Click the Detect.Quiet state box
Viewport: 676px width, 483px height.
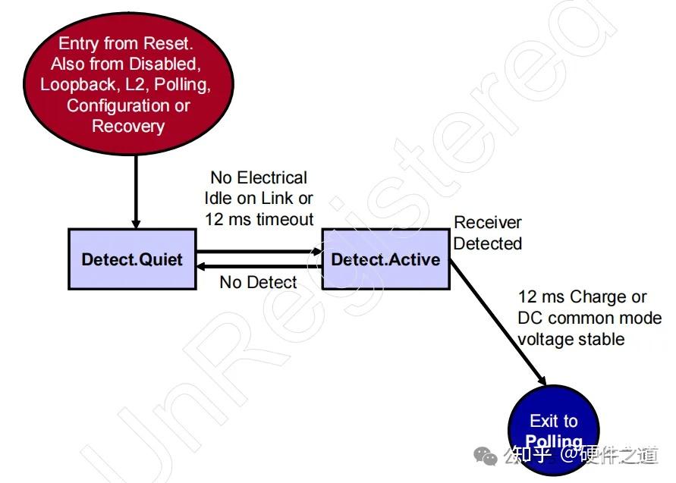tap(132, 259)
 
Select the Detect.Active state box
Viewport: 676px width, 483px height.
tap(386, 259)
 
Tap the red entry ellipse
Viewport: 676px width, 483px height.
tap(128, 83)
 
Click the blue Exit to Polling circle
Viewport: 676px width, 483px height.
tap(554, 431)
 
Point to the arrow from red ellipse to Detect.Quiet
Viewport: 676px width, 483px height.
tap(137, 192)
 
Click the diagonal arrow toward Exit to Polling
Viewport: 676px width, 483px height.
tap(498, 322)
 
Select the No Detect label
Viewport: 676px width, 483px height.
tap(258, 283)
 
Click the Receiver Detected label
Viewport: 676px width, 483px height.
tap(488, 233)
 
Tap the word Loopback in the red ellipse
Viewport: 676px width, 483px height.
tap(77, 85)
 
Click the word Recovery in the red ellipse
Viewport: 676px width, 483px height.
tap(128, 127)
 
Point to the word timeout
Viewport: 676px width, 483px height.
tap(285, 219)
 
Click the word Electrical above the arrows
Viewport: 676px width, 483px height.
tap(272, 177)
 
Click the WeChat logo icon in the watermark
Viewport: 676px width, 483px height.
tap(486, 456)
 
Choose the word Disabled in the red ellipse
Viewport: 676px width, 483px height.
tap(165, 64)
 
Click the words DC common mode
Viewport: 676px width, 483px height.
tap(590, 318)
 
